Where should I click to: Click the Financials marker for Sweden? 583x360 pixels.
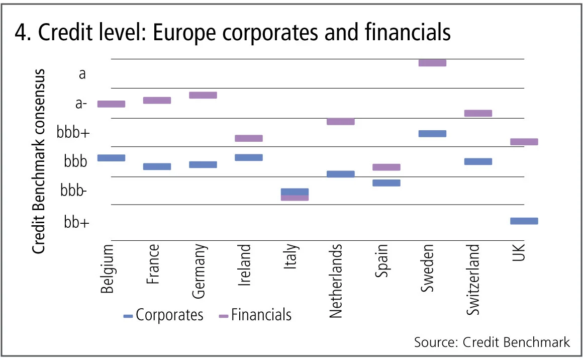432,63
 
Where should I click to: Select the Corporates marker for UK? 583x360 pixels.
524,221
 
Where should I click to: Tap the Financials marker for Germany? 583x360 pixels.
203,95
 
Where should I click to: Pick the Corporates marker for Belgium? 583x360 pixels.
111,158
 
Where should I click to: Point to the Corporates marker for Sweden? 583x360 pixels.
432,134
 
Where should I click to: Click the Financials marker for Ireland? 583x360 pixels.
249,138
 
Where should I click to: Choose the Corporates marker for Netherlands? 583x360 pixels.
340,174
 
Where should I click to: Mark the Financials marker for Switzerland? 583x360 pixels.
478,113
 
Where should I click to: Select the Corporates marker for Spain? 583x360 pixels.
386,183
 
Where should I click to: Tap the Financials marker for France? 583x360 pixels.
157,100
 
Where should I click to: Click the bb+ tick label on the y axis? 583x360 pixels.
76,222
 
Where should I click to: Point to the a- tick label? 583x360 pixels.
80,104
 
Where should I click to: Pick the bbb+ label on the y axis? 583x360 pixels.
74,133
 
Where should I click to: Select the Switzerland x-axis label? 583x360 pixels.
473,280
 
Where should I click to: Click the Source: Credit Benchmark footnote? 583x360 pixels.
492,342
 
